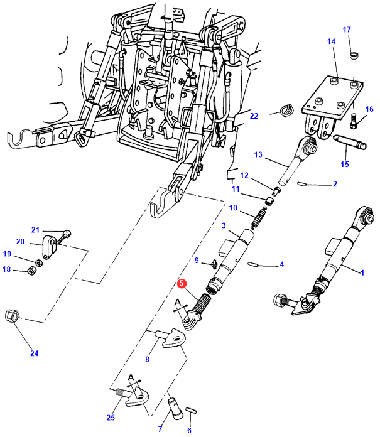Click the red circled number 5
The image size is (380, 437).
182,283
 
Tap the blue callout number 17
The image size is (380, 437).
347,30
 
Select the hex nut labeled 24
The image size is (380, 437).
12,316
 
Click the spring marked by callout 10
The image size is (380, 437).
258,218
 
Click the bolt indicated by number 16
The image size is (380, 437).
354,121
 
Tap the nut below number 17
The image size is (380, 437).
354,55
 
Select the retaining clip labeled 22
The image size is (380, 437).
286,110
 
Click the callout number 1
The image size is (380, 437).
362,272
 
